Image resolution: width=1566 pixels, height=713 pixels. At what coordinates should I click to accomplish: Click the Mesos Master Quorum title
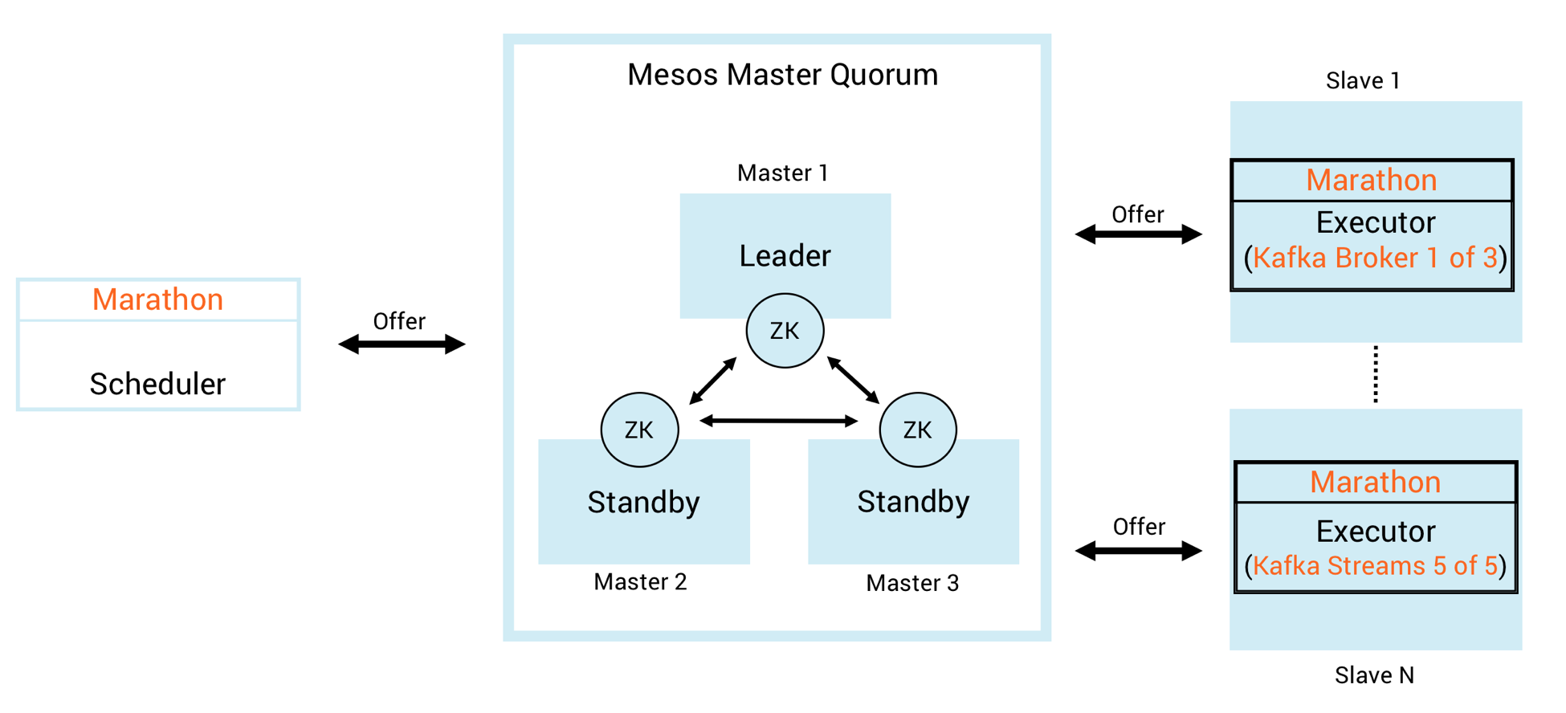782,75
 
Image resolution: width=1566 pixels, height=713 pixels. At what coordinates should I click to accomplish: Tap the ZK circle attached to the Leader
785,331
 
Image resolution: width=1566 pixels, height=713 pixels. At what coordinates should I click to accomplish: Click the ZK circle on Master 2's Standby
639,430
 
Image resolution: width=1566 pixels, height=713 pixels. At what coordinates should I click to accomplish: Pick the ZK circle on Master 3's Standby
917,430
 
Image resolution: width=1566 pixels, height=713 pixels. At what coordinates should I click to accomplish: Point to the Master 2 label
640,582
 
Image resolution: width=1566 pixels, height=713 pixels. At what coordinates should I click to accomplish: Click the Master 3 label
912,583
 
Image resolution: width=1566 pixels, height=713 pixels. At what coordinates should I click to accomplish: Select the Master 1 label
782,173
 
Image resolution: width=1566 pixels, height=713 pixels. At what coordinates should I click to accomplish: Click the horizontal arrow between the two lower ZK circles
778,421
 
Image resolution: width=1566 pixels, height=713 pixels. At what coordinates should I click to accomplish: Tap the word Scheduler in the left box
157,384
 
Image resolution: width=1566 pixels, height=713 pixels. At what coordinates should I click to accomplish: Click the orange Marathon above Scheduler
157,299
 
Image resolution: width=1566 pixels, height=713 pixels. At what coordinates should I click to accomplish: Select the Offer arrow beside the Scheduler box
402,344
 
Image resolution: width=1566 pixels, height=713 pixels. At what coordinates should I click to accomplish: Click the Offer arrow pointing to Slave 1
1138,234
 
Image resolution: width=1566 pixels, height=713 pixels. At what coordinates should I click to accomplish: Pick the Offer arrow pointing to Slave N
1138,551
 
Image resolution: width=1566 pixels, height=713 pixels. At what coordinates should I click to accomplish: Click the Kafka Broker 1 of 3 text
1375,258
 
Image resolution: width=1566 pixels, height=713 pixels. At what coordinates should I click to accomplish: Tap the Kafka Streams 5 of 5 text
1375,566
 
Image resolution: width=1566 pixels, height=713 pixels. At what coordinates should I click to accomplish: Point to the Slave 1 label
1363,81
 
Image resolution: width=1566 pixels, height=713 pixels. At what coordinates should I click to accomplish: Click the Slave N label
1374,675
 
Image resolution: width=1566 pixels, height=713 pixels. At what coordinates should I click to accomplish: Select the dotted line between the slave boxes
1376,374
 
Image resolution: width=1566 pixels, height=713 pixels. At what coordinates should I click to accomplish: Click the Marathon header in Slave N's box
1375,482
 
